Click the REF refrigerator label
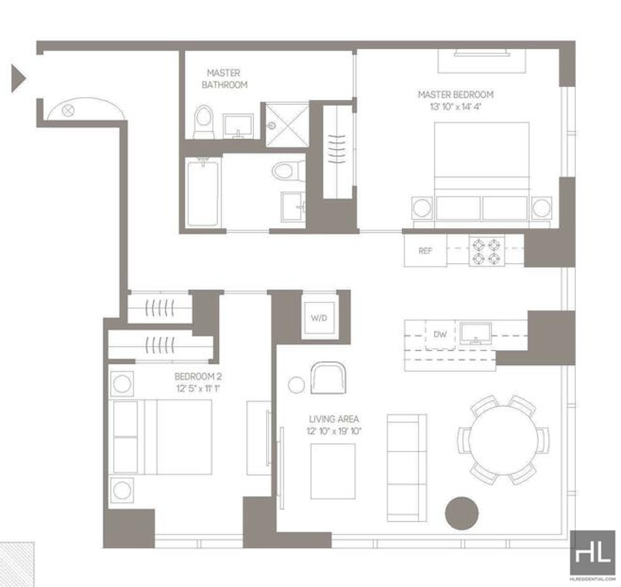pos(425,251)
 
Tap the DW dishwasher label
pos(439,335)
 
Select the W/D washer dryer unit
pos(319,318)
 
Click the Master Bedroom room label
pos(456,95)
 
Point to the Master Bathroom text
pos(224,79)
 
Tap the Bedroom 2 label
pos(198,377)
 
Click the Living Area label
pos(334,419)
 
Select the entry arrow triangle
pos(18,78)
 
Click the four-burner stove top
pos(487,252)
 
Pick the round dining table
pos(503,440)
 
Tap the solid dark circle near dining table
pos(461,513)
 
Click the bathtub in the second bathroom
pos(203,193)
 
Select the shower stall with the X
pos(286,125)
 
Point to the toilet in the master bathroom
pos(203,122)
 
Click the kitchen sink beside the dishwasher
pos(475,333)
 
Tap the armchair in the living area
pos(328,378)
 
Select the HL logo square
pos(592,552)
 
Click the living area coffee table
pos(333,471)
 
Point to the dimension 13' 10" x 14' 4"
pos(456,106)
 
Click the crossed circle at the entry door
pos(68,110)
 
